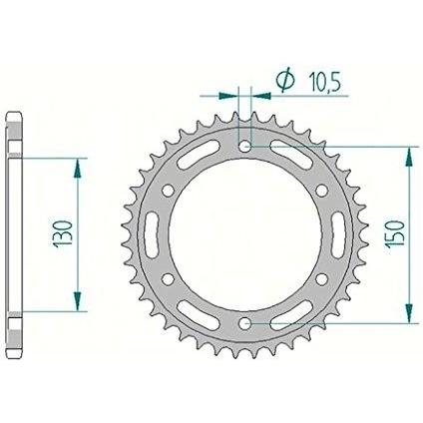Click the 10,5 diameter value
325,82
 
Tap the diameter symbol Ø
285,81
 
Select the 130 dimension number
62,233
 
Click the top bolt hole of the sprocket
245,146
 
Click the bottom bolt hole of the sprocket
245,322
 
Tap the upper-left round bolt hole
169,191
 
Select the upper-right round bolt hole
322,191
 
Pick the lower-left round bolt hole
169,279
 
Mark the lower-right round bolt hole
322,279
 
